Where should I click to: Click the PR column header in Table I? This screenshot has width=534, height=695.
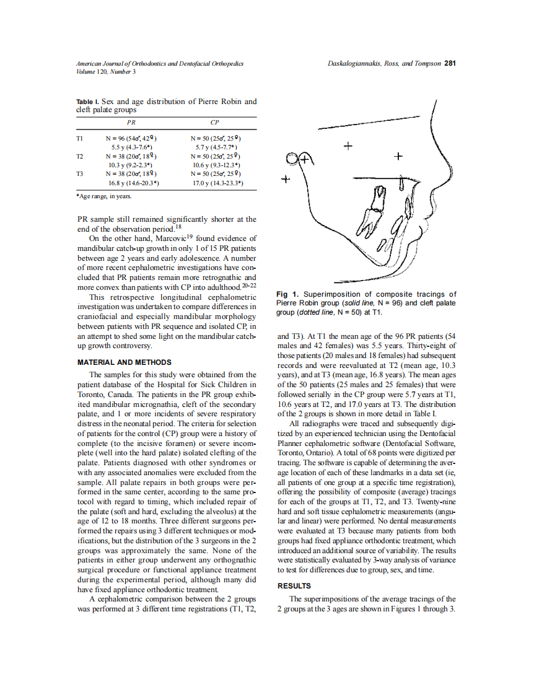coord(131,123)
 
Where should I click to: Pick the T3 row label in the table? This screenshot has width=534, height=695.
coord(79,174)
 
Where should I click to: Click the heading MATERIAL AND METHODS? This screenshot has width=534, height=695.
coord(124,362)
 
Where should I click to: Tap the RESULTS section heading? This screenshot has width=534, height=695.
coord(294,585)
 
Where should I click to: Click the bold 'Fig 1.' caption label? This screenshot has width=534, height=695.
coord(287,294)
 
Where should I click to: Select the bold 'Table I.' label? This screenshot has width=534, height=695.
coord(87,102)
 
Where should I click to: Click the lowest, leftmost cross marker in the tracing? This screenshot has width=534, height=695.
coord(285,180)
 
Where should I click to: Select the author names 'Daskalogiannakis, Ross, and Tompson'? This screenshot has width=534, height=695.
coord(384,63)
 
